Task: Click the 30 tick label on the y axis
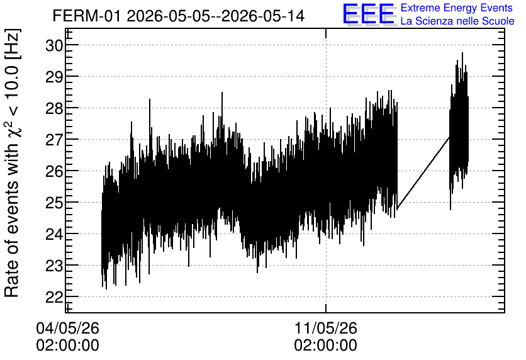tap(53, 45)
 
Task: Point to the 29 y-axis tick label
tap(53, 77)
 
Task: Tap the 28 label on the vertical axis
tap(53, 108)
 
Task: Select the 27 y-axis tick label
tap(53, 140)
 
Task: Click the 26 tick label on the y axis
tap(53, 171)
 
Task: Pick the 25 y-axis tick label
tap(53, 203)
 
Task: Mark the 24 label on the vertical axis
tap(53, 234)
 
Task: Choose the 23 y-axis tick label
tap(53, 266)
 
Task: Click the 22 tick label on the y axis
tap(53, 297)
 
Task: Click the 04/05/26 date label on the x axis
tap(68, 328)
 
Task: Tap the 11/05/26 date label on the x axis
tap(326, 328)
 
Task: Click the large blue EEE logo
tap(368, 14)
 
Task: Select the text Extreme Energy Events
tap(457, 8)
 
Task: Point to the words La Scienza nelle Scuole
tap(457, 21)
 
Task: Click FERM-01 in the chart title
tap(86, 16)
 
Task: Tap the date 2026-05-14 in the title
tap(263, 16)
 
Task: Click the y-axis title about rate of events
tap(13, 163)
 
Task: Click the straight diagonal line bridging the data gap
tap(423, 173)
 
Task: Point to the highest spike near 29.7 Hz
tap(462, 53)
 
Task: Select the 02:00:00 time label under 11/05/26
tap(326, 346)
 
